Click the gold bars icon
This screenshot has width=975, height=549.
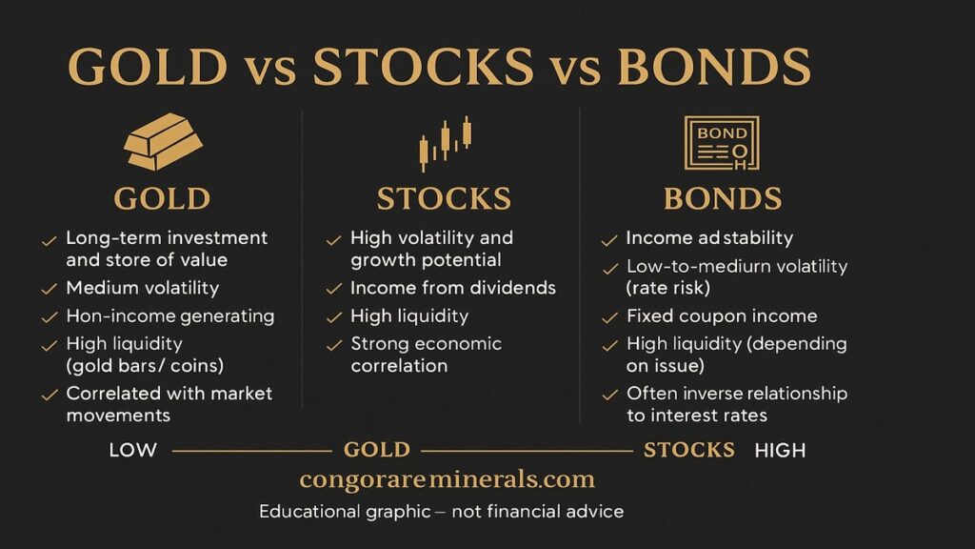(163, 141)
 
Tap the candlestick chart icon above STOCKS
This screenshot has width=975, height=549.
(446, 143)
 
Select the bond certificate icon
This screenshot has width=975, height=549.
(722, 143)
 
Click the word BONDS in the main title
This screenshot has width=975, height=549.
(714, 67)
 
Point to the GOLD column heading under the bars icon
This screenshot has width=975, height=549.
(162, 199)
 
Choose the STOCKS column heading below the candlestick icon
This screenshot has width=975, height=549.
(444, 199)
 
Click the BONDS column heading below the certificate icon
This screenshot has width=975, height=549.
(723, 199)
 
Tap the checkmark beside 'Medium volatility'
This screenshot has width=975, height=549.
(50, 290)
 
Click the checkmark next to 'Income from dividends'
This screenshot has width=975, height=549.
(334, 289)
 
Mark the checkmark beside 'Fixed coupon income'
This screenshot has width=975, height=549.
(610, 317)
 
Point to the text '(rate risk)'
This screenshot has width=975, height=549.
(668, 288)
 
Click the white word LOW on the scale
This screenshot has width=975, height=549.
(133, 450)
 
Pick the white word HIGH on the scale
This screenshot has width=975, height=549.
(781, 450)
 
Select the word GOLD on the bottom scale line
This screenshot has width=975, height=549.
(377, 450)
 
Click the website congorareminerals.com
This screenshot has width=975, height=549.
(448, 479)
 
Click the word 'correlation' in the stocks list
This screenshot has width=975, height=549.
(399, 365)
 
